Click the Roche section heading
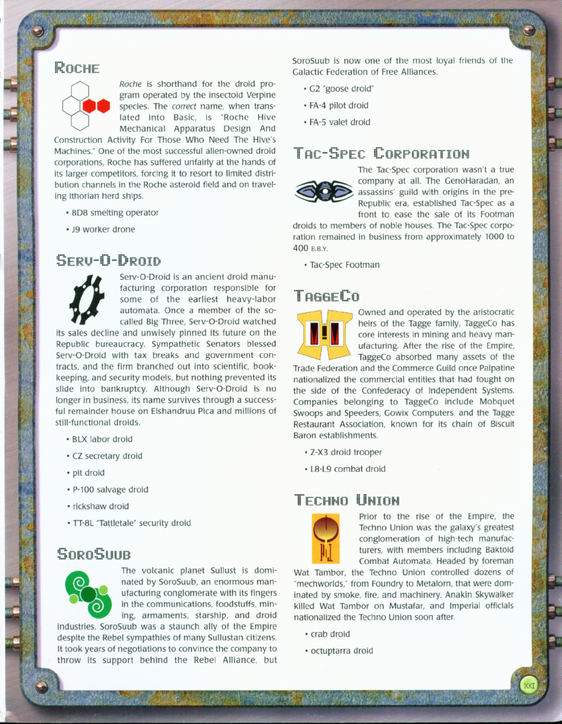pyautogui.click(x=77, y=69)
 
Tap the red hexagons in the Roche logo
pyautogui.click(x=97, y=106)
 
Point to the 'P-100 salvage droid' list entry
pyautogui.click(x=112, y=489)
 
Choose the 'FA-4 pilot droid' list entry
pyautogui.click(x=340, y=105)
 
